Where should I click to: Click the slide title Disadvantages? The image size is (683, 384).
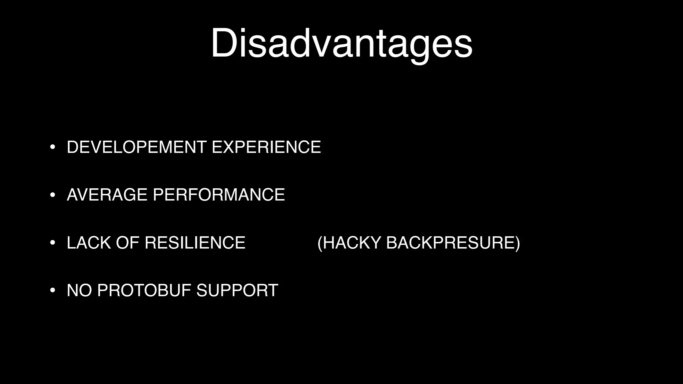click(341, 43)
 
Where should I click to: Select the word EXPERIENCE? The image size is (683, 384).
click(266, 147)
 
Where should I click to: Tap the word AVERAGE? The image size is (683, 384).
click(107, 195)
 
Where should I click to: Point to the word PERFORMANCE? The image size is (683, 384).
click(219, 195)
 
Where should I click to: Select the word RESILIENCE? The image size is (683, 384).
click(195, 243)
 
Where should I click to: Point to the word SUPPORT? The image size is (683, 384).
click(237, 290)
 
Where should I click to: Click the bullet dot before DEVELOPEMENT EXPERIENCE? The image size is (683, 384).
click(52, 147)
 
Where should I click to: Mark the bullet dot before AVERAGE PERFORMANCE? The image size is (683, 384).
click(52, 195)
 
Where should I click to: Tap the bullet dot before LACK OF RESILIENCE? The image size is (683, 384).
click(52, 243)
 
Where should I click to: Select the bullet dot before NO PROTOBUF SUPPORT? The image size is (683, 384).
click(52, 290)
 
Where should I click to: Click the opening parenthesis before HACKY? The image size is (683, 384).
click(320, 243)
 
